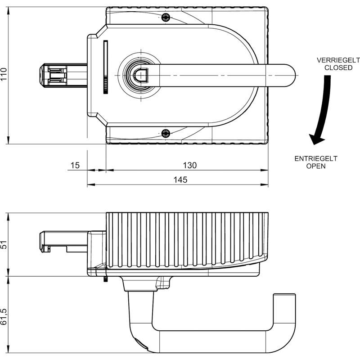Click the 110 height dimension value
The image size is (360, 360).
click(4, 74)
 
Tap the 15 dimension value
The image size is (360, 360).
click(75, 165)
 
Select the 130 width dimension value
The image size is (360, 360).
click(189, 165)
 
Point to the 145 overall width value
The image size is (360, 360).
click(180, 180)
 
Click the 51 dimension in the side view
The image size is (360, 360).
click(4, 245)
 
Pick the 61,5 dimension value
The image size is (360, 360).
click(4, 317)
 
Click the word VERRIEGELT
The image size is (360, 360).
click(338, 60)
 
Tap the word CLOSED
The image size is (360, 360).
click(338, 68)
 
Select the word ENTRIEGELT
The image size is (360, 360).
click(316, 159)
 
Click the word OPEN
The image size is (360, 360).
click(316, 166)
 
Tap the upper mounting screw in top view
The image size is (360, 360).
click(166, 17)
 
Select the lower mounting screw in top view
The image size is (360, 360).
click(166, 133)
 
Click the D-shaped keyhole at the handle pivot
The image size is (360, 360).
click(141, 75)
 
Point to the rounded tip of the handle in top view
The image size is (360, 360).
click(290, 76)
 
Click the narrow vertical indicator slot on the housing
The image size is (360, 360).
click(106, 67)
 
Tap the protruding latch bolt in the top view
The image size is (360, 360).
click(63, 76)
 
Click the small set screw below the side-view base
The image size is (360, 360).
click(106, 279)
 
